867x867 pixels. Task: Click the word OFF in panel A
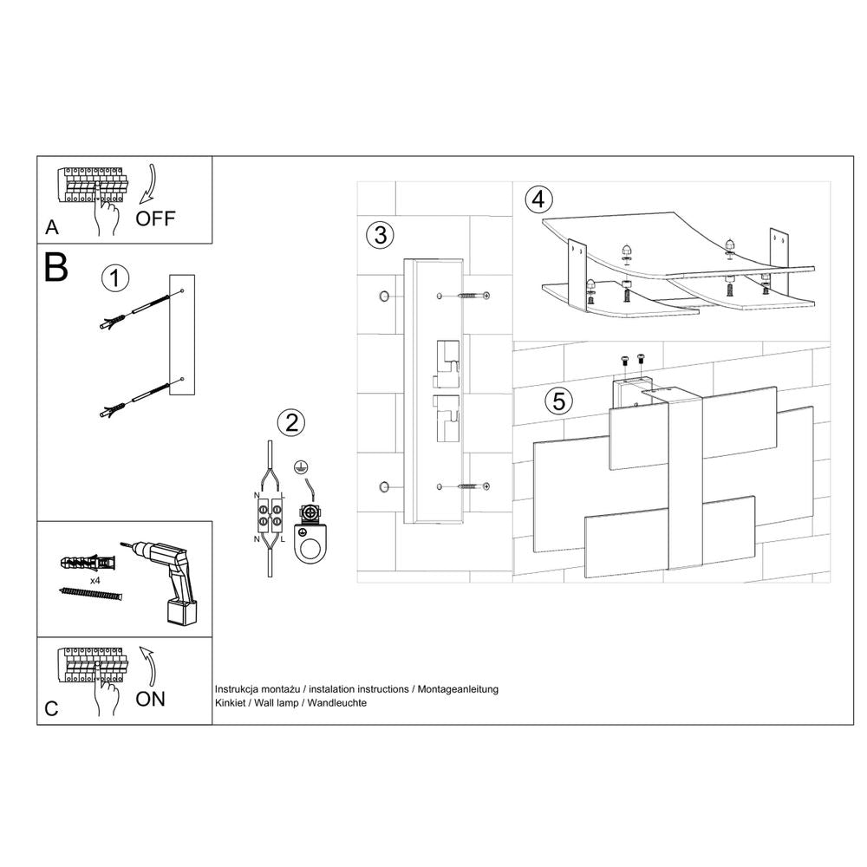pyautogui.click(x=155, y=218)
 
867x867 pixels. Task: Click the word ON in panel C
pyautogui.click(x=150, y=698)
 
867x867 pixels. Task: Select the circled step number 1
pyautogui.click(x=114, y=279)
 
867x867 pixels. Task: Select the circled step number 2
pyautogui.click(x=290, y=423)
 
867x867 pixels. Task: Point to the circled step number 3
pyautogui.click(x=380, y=235)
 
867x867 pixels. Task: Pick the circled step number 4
pyautogui.click(x=538, y=199)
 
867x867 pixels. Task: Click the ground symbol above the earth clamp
pyautogui.click(x=300, y=466)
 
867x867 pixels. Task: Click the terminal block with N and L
pyautogui.click(x=269, y=518)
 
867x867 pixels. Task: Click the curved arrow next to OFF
pyautogui.click(x=148, y=182)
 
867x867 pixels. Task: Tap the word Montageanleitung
pyautogui.click(x=458, y=688)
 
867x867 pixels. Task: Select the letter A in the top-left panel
pyautogui.click(x=52, y=228)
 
